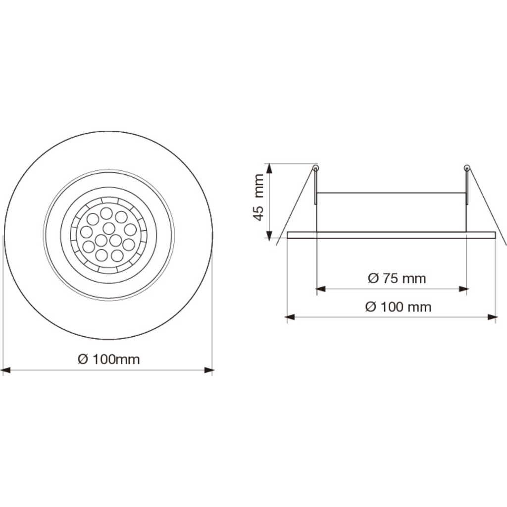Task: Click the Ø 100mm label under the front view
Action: (x=109, y=359)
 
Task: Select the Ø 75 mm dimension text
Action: (x=397, y=278)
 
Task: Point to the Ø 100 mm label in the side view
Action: (x=398, y=307)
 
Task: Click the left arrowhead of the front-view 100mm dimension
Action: (x=6, y=369)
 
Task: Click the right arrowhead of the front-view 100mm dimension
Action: (x=209, y=369)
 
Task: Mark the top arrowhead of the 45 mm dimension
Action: (x=269, y=168)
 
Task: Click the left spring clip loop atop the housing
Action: (x=316, y=167)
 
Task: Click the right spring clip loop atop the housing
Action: (x=466, y=167)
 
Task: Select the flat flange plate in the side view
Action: (x=391, y=235)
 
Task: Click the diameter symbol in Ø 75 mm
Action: (x=373, y=278)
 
